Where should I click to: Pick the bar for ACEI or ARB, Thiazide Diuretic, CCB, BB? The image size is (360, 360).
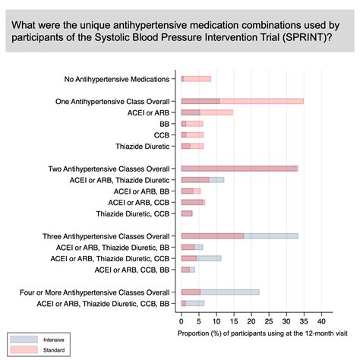[x=193, y=303]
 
